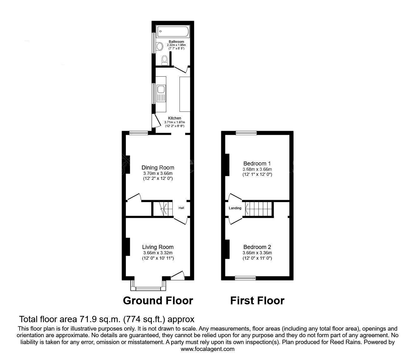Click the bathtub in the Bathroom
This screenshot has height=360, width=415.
pos(172,32)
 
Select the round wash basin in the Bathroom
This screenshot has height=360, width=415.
pos(160,47)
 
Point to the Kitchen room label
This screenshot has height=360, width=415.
pos(174,118)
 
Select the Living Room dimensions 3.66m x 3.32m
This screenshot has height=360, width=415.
pos(157,253)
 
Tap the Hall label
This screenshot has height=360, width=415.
pos(181,208)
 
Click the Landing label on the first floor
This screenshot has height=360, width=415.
pos(235,208)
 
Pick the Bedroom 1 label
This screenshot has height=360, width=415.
pos(257,163)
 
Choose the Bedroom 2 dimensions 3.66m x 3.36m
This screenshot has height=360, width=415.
pos(257,253)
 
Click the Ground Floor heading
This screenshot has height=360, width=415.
pos(158,301)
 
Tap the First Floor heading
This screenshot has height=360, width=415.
pos(257,301)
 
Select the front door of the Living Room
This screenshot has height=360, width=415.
pos(177,275)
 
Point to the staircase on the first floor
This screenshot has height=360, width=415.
pos(259,209)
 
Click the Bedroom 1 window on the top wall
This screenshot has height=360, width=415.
pos(246,133)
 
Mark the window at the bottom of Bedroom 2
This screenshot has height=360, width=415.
pos(245,277)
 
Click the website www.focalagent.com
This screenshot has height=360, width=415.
pos(207,349)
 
